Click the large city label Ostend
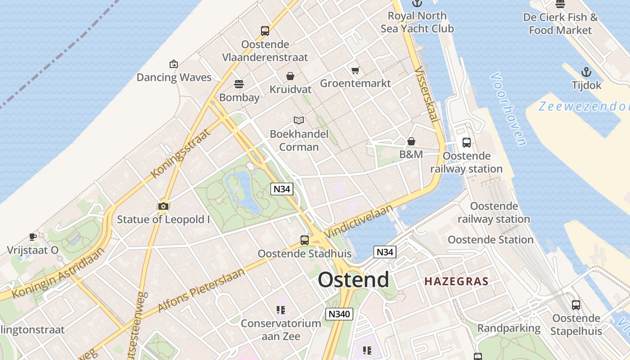(353, 280)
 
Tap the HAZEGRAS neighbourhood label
(456, 282)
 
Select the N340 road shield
(339, 314)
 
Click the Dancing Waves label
(174, 77)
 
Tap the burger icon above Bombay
(239, 84)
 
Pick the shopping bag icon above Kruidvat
(290, 76)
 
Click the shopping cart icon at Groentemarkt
(355, 70)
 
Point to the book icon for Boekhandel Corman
(299, 120)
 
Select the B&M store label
(411, 154)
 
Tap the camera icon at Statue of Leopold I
(163, 207)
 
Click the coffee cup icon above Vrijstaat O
(33, 237)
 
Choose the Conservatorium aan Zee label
(281, 330)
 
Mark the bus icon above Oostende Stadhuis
(305, 240)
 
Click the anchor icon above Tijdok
(586, 72)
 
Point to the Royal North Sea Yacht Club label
(417, 22)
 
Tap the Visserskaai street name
(426, 94)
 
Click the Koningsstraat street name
(181, 153)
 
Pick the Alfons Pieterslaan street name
(201, 290)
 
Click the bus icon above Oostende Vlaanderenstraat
(265, 31)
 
